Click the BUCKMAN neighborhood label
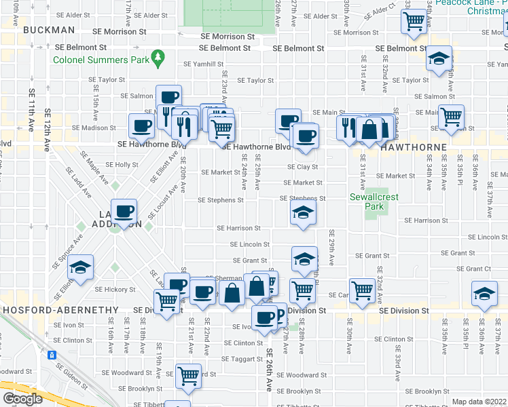tap(48, 31)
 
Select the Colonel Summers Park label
tap(101, 59)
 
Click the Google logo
tap(22, 398)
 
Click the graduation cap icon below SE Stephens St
tap(303, 214)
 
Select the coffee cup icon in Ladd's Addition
tap(124, 212)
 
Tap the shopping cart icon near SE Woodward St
tap(188, 375)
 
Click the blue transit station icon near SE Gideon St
tap(51, 355)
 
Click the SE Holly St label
tap(122, 165)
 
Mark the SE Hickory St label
tap(122, 290)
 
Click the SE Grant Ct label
tap(474, 269)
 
